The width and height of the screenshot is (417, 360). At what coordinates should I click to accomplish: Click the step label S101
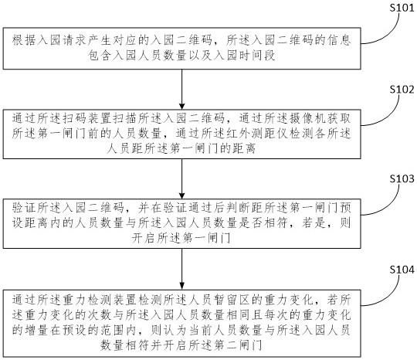(x=402, y=8)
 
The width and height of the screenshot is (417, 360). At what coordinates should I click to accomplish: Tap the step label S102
(x=402, y=90)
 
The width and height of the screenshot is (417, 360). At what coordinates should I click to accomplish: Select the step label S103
(x=402, y=178)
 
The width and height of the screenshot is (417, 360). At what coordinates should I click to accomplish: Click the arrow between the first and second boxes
(x=182, y=90)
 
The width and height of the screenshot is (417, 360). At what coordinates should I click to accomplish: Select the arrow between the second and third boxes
(x=182, y=178)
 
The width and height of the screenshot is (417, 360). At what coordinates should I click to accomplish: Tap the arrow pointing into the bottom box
(x=182, y=269)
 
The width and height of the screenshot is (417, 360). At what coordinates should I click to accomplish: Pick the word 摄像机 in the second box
(x=307, y=118)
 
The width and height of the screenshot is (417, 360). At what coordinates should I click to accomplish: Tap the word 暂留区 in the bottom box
(x=232, y=300)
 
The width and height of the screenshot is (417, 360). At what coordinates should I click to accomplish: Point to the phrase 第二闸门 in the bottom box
(x=238, y=345)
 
